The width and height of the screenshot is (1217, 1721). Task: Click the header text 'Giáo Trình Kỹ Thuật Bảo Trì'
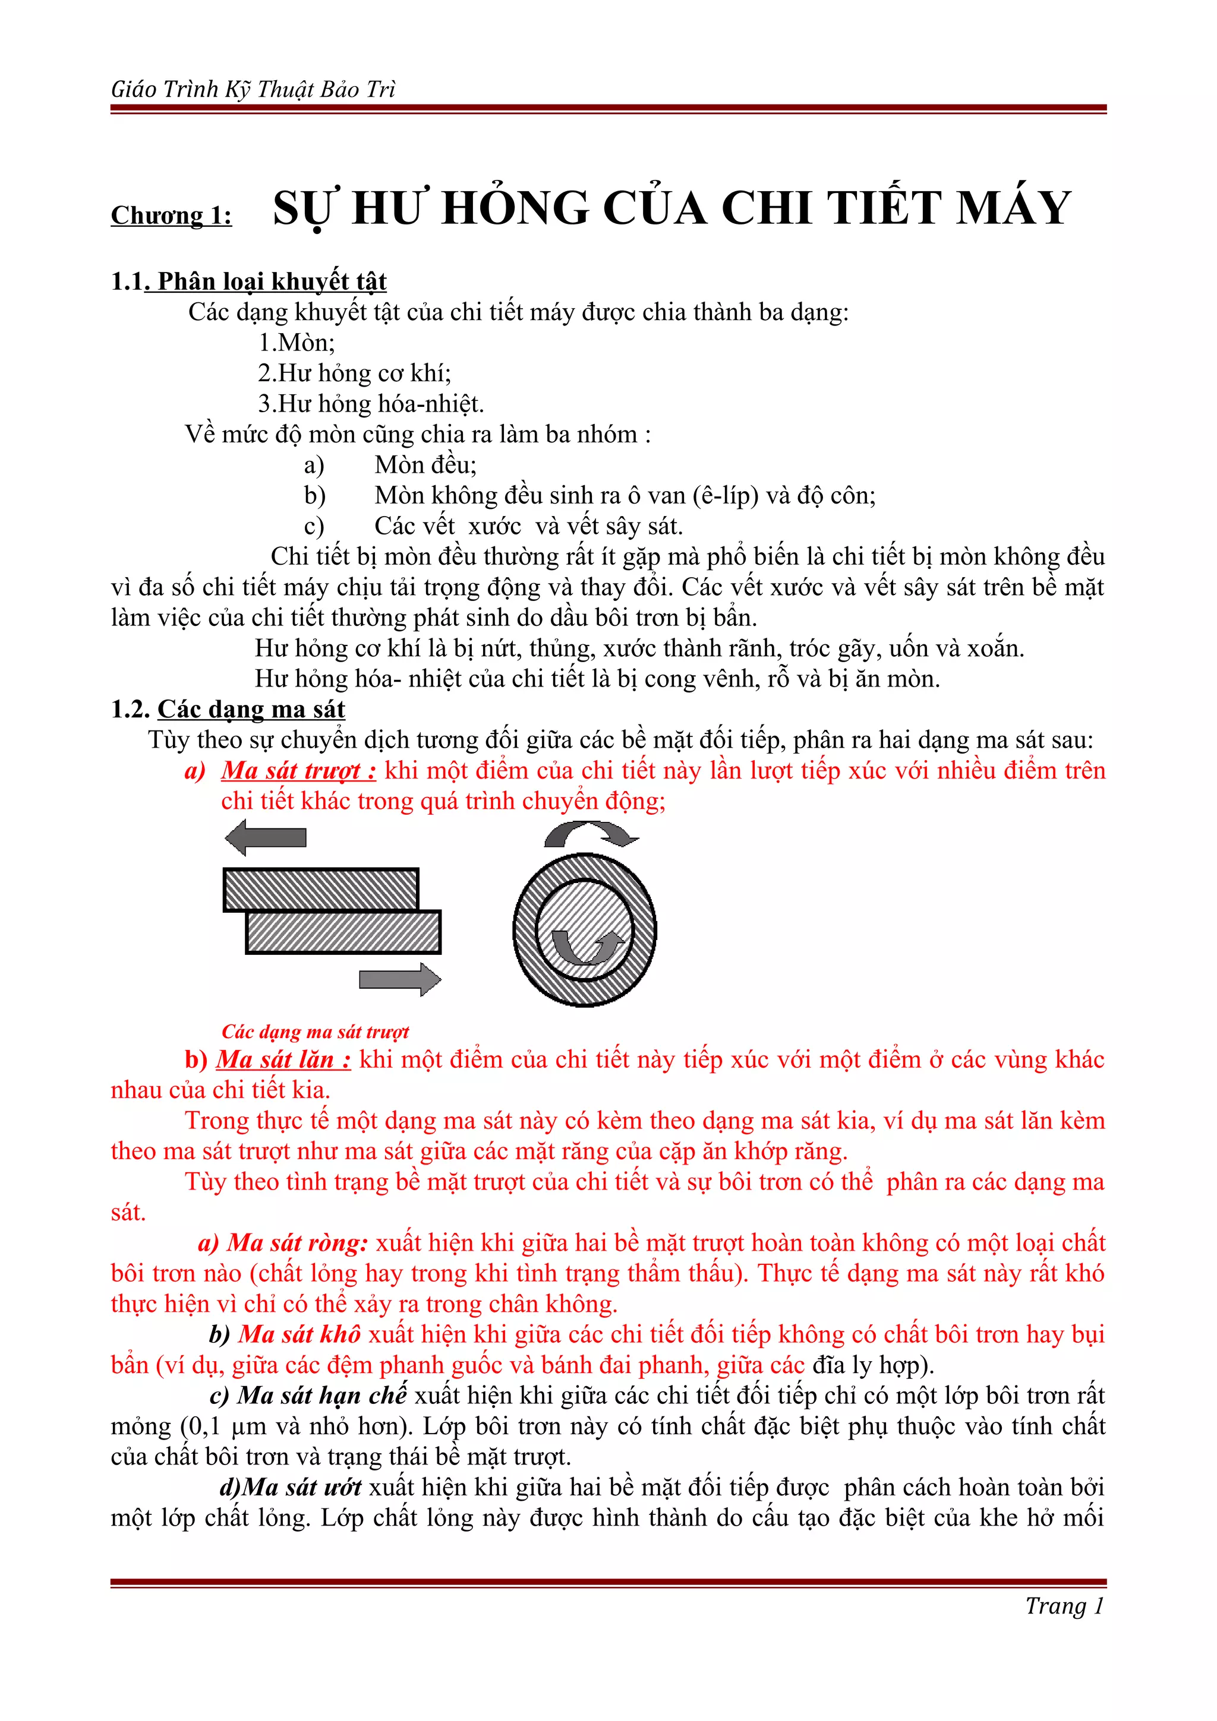[x=253, y=89]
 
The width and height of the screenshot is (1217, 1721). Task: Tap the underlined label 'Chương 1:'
[x=171, y=216]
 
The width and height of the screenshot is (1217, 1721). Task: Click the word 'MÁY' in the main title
[x=1013, y=208]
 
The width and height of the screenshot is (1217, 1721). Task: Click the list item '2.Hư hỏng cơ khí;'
[x=354, y=374]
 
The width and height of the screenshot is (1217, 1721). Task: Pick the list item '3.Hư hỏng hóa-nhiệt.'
[x=371, y=404]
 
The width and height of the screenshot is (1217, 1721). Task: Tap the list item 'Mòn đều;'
[x=425, y=465]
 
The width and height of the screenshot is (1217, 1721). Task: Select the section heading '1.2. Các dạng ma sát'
[x=228, y=709]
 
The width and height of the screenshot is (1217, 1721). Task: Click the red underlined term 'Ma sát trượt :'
[x=298, y=771]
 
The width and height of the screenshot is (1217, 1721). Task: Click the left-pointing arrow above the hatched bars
[x=266, y=837]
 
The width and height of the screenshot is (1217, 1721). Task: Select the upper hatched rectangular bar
[x=321, y=890]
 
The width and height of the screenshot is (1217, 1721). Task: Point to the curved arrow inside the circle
[x=587, y=947]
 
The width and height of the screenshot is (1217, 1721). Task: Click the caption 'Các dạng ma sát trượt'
[x=315, y=1032]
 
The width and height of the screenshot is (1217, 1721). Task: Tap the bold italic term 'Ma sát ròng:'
[x=298, y=1243]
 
